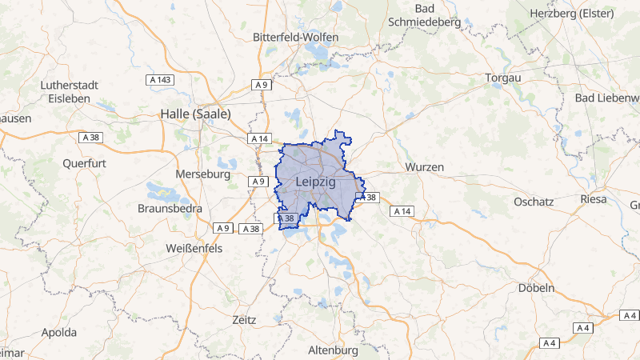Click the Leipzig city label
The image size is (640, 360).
(x=315, y=182)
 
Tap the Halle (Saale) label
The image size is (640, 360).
(x=195, y=114)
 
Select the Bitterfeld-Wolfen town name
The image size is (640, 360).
(x=295, y=38)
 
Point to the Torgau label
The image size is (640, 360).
(x=503, y=78)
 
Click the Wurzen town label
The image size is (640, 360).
(x=424, y=167)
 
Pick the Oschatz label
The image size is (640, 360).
(x=534, y=202)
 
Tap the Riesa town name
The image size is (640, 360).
(x=593, y=198)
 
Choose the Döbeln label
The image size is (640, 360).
(x=537, y=288)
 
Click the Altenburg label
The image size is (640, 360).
(x=333, y=350)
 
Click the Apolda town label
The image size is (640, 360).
(x=60, y=332)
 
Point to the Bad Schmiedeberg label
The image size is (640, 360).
(x=424, y=14)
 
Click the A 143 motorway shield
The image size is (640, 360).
(x=160, y=80)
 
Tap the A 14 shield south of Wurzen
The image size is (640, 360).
(x=402, y=211)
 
